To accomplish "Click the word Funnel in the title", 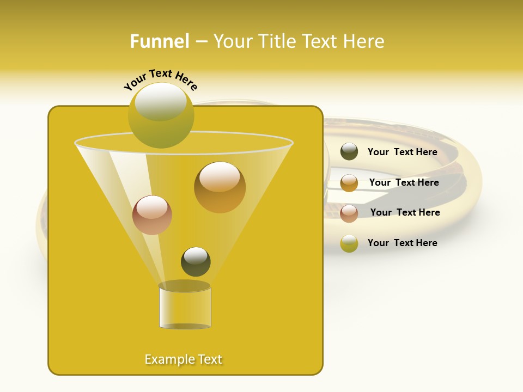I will pos(159,41).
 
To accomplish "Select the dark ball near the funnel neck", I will pos(196,262).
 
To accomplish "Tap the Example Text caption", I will pos(184,359).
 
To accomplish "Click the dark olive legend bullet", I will pos(349,152).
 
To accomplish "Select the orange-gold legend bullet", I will pos(349,183).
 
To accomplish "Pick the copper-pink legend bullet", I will pos(349,213).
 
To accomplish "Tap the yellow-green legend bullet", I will pos(349,243).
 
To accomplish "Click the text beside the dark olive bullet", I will pos(402,152).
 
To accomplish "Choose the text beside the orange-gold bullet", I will pos(404,182).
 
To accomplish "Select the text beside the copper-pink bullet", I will pos(405,212).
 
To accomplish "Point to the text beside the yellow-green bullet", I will pos(402,243).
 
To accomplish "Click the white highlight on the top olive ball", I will pos(160,101).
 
